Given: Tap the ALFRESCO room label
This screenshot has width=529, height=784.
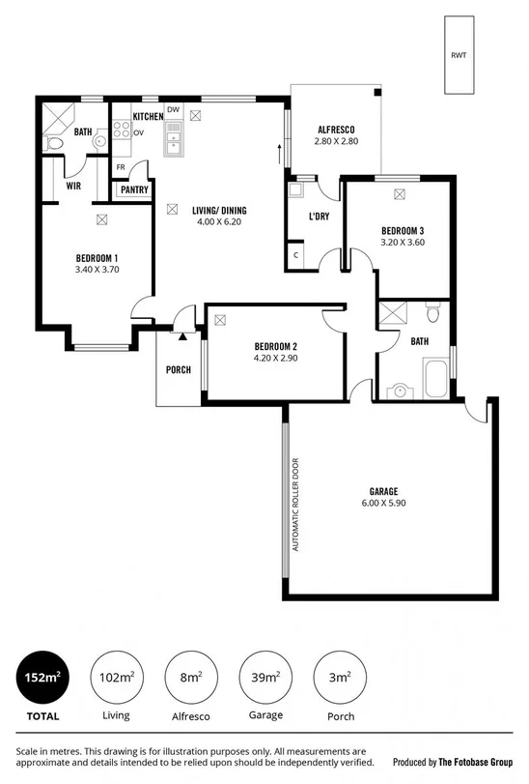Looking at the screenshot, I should click(336, 130).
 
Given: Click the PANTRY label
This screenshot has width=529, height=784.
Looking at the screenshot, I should click(134, 189).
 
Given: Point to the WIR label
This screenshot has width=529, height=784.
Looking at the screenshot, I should click(73, 186).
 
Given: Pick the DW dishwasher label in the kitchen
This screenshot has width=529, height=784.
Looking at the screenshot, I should click(173, 110).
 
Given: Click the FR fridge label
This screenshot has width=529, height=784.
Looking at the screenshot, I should click(121, 167).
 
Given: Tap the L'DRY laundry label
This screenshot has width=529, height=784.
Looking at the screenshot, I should click(320, 216).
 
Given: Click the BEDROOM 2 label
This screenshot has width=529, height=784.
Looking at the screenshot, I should click(275, 346).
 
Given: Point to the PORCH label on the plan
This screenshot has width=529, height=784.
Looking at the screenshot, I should click(179, 369).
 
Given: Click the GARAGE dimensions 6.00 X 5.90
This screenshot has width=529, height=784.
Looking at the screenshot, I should click(384, 503).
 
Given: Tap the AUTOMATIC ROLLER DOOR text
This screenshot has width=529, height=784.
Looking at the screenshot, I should click(296, 505).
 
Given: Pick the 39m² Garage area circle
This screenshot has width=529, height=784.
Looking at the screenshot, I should click(265, 679).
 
